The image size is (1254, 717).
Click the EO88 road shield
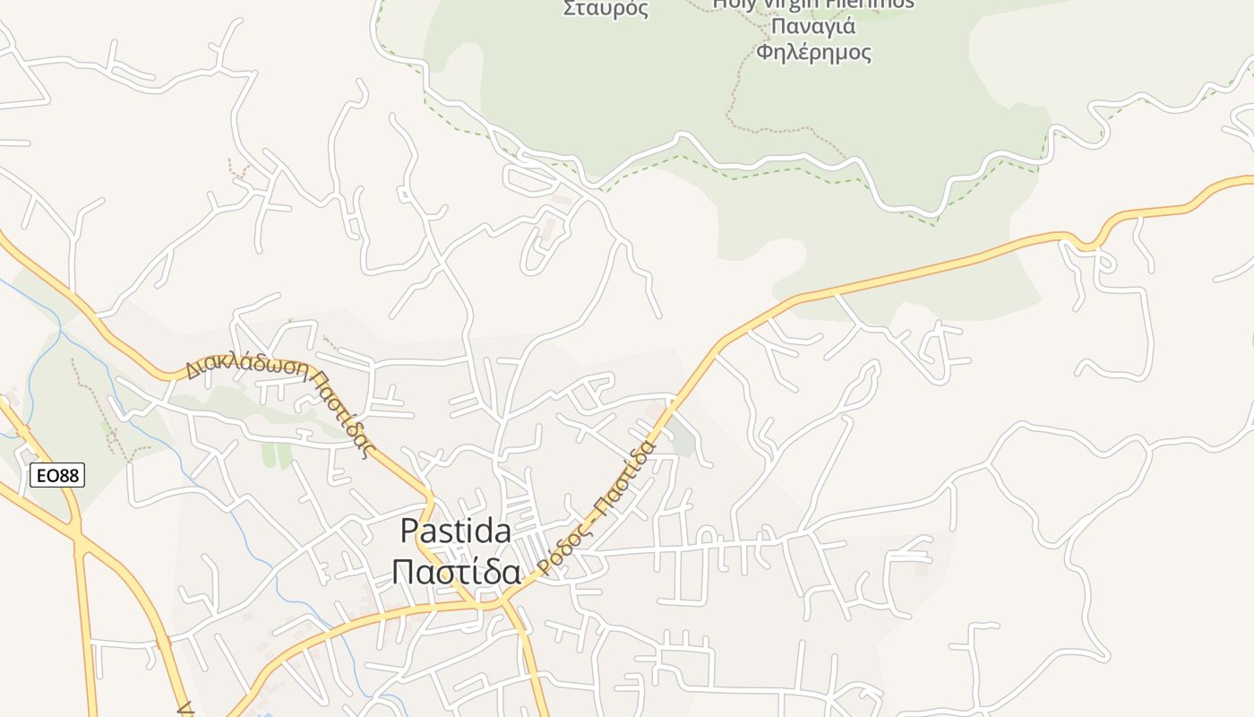[x=57, y=475]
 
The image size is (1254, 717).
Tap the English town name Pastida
[x=455, y=531]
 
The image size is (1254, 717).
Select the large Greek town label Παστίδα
[x=456, y=571]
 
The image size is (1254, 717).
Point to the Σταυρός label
[x=605, y=9]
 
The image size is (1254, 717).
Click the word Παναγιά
[x=812, y=26]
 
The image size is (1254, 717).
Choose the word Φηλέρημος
[x=813, y=52]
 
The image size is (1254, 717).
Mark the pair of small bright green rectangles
[x=277, y=454]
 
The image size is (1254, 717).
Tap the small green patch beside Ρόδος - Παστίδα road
[x=683, y=439]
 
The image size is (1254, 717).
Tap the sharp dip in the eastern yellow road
[x=1088, y=243]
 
